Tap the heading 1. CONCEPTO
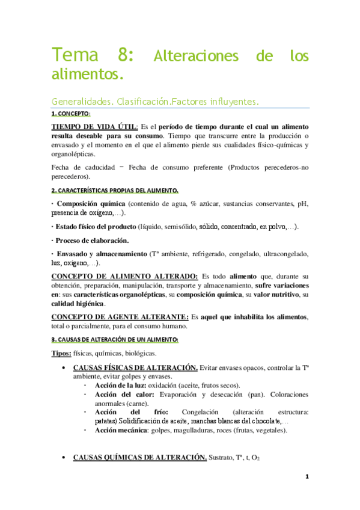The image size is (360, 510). (x=71, y=114)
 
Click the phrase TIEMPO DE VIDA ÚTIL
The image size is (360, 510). (x=95, y=127)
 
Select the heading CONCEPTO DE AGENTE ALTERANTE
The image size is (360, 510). (x=119, y=317)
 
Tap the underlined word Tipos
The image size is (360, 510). (x=62, y=353)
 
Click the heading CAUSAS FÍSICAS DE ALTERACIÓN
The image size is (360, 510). (x=135, y=367)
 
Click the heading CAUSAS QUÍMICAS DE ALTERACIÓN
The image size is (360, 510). (x=139, y=458)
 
